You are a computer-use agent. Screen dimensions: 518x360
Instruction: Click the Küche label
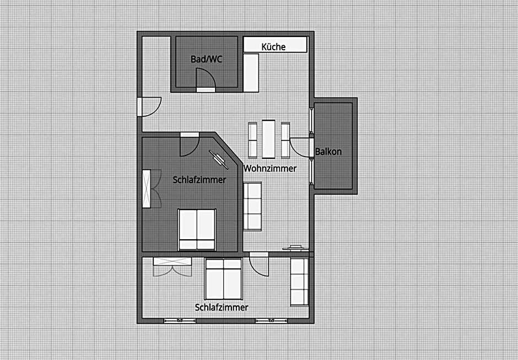pyautogui.click(x=273, y=47)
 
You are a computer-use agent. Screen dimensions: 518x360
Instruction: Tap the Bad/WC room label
pyautogui.click(x=206, y=59)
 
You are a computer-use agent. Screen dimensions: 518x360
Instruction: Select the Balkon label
pyautogui.click(x=328, y=152)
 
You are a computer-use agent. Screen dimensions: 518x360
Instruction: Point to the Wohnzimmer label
pyautogui.click(x=270, y=168)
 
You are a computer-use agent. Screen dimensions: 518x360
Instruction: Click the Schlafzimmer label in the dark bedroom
pyautogui.click(x=199, y=180)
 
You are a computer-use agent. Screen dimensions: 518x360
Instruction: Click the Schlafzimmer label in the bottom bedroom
pyautogui.click(x=222, y=307)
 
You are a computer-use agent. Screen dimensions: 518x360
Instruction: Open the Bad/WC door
pyautogui.click(x=206, y=80)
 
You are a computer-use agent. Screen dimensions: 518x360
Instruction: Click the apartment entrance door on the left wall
pyautogui.click(x=149, y=106)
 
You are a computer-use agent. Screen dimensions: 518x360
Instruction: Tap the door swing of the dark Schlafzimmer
pyautogui.click(x=190, y=144)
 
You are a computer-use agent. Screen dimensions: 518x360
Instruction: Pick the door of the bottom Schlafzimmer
pyautogui.click(x=259, y=264)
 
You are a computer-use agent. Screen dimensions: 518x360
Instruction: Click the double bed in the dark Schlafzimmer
pyautogui.click(x=197, y=229)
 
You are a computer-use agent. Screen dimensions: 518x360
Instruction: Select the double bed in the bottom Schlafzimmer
pyautogui.click(x=224, y=278)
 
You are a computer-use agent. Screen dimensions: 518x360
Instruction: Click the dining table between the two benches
pyautogui.click(x=268, y=139)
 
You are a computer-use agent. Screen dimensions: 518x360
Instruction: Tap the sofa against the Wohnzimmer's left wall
pyautogui.click(x=252, y=206)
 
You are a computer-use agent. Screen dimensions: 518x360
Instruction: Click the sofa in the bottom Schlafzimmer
pyautogui.click(x=299, y=282)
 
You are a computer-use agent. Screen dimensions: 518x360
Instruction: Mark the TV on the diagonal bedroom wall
pyautogui.click(x=218, y=160)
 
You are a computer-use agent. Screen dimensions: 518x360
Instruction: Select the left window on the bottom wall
pyautogui.click(x=180, y=320)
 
